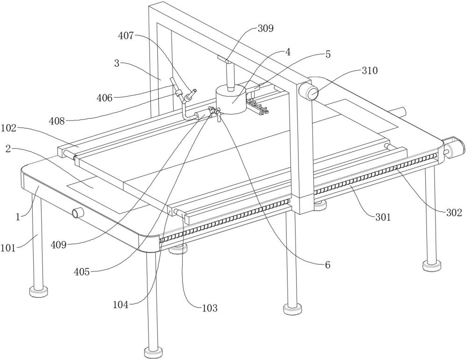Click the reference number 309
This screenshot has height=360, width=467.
265,28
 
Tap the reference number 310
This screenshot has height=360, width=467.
369,71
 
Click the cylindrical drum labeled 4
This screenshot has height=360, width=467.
231,100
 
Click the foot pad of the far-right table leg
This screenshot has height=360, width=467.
431,266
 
